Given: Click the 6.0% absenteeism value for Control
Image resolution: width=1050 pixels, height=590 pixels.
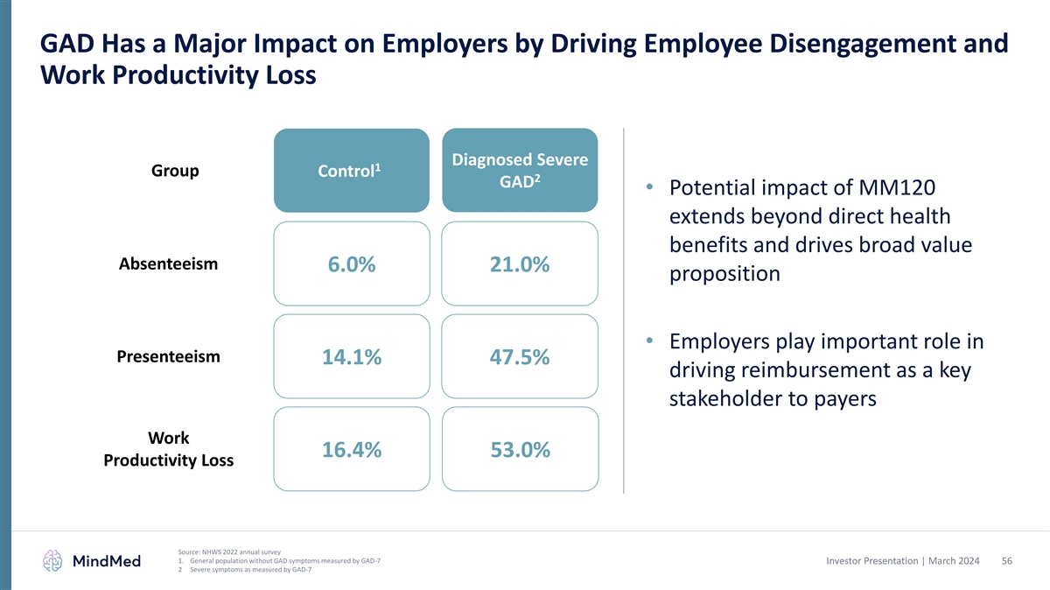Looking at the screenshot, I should coord(351,264).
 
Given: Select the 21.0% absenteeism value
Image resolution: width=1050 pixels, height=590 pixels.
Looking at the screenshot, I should coord(520,264).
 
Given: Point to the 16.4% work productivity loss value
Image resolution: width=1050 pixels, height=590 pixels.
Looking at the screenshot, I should coord(351,450).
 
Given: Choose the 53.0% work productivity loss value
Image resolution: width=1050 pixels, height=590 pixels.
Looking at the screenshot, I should coord(520,450).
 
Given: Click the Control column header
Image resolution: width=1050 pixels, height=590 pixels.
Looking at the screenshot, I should coord(351,172).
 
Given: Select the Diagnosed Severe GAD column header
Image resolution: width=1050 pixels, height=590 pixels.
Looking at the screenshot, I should coord(520,172).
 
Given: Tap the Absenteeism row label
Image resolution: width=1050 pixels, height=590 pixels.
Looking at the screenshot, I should coord(168,264).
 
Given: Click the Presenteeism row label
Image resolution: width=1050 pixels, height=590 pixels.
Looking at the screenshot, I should coord(168,357).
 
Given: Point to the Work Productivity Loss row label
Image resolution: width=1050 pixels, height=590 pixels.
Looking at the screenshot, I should coord(168,448).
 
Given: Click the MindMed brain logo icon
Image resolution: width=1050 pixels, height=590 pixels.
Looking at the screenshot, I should coord(53,561).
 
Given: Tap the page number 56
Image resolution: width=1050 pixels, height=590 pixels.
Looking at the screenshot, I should coord(1006,560).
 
